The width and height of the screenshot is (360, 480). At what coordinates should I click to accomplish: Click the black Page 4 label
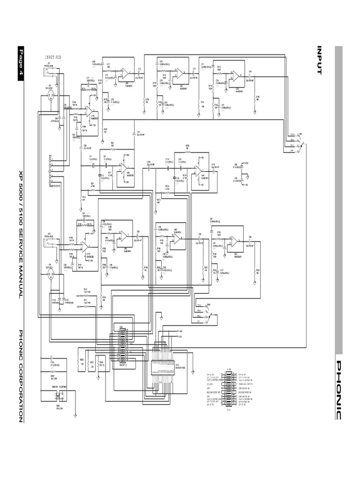click(x=20, y=63)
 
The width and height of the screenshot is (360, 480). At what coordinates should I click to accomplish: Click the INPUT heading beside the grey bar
click(x=319, y=60)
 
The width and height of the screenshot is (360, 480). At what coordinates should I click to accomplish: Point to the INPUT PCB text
click(x=52, y=56)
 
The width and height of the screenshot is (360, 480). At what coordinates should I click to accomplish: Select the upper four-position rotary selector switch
click(x=297, y=142)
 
